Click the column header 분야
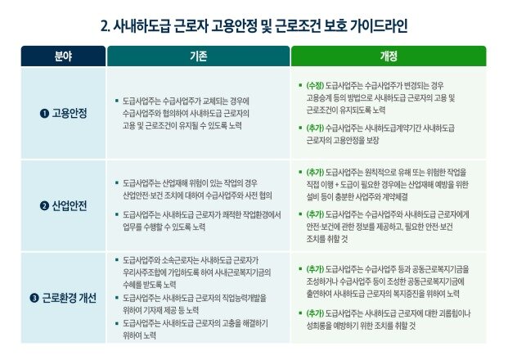click(x=63, y=56)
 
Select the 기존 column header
click(x=197, y=56)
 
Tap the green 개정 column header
click(x=388, y=56)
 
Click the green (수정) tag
click(x=314, y=85)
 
